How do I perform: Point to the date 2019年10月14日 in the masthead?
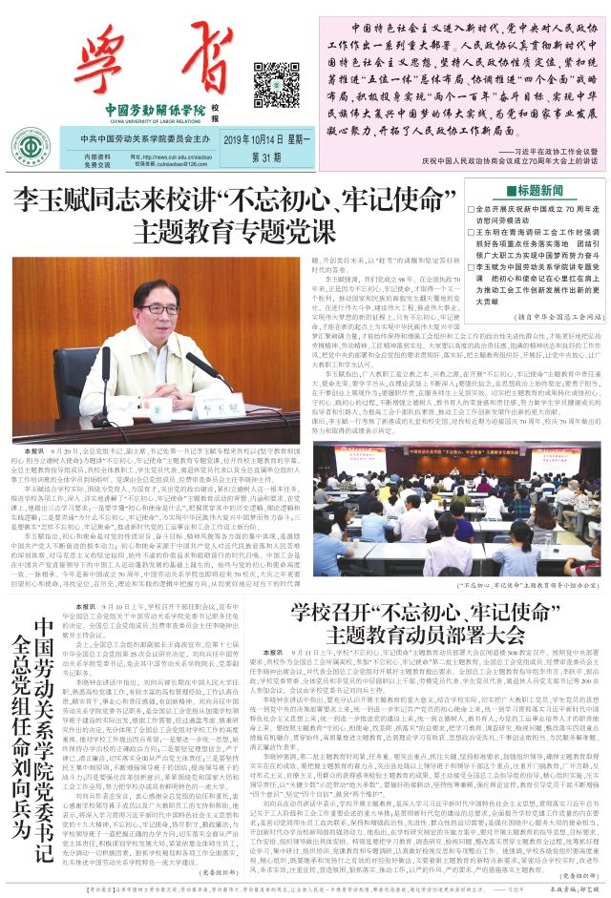coord(250,140)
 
